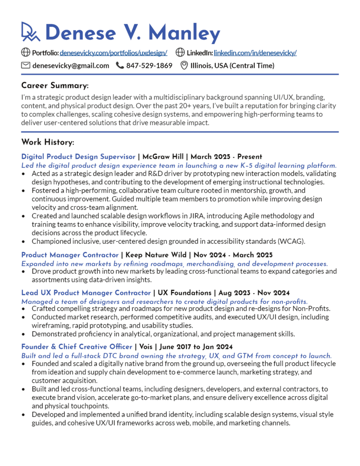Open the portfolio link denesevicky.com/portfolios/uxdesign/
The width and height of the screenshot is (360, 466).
tap(113, 53)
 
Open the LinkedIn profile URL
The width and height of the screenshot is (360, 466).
tap(255, 53)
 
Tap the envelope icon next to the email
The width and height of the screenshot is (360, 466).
tap(26, 66)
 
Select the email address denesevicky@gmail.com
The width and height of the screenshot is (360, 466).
tap(71, 66)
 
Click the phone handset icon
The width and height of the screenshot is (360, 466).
tap(120, 66)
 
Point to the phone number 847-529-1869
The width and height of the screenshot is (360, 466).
tap(149, 66)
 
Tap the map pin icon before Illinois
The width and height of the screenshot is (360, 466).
tap(184, 66)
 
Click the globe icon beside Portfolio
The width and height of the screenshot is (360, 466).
tap(26, 53)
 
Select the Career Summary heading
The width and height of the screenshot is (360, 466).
tap(55, 86)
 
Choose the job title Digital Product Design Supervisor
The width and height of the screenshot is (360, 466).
tap(78, 157)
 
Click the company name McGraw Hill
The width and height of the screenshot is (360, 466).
tap(163, 157)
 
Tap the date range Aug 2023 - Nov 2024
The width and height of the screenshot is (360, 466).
tap(254, 293)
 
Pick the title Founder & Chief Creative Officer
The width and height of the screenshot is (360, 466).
tap(76, 347)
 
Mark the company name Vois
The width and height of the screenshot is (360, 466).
tap(147, 347)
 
